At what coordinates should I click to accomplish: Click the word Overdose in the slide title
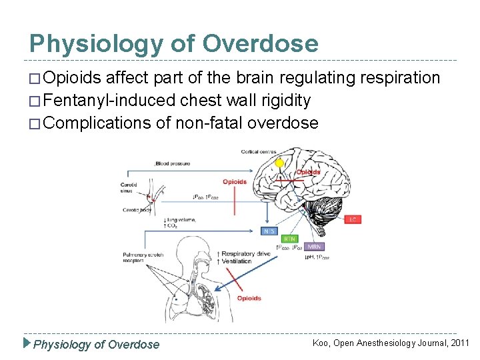261,44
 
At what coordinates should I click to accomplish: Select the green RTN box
290,238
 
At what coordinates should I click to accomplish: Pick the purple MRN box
314,247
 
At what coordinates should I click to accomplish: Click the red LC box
354,219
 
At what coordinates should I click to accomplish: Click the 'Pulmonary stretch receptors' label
138,258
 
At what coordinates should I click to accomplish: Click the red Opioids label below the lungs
249,298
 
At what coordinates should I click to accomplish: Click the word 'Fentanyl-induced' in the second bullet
100,101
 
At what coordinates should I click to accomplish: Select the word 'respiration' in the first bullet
400,79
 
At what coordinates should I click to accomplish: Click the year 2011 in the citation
460,343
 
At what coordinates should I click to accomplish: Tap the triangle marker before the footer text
27,344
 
